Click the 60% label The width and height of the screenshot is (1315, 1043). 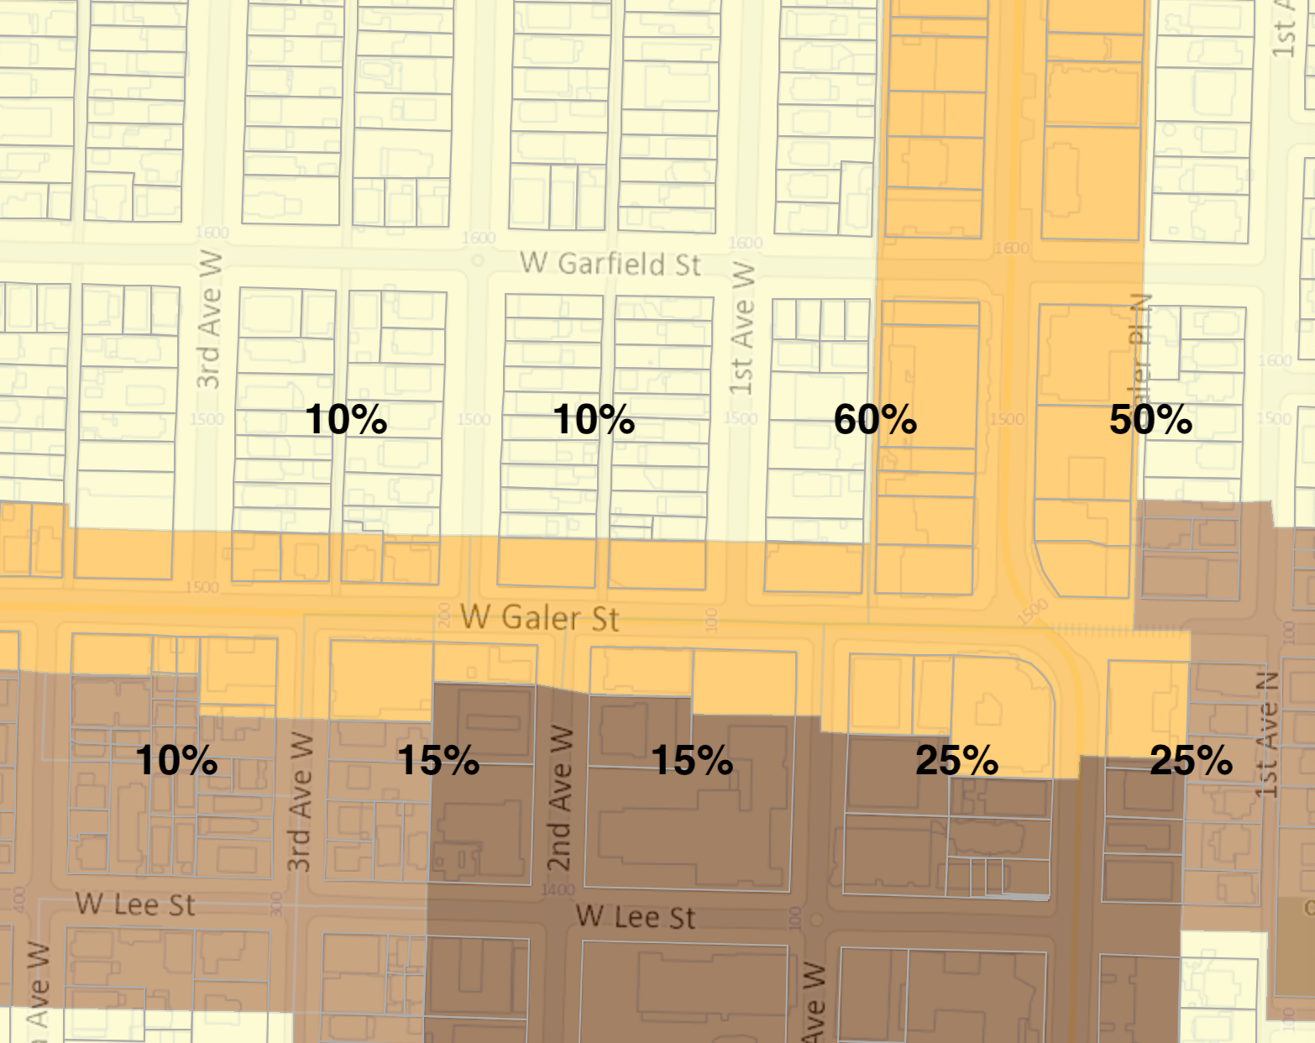875,419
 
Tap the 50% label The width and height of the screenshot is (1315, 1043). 1150,419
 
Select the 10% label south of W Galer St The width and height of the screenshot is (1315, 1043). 176,760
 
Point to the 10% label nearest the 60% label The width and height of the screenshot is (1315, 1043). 594,419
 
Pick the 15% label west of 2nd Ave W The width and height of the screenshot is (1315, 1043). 438,760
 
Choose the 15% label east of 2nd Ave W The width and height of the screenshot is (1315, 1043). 692,760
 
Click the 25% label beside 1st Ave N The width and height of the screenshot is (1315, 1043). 1191,760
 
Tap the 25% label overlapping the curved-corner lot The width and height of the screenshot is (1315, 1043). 956,760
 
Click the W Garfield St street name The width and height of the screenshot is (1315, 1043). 610,264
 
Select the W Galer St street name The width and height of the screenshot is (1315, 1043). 540,618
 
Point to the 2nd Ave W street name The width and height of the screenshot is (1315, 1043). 560,798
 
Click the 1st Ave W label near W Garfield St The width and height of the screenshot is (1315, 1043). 741,328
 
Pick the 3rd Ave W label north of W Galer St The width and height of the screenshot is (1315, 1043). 209,319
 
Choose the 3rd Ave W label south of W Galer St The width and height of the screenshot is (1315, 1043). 300,802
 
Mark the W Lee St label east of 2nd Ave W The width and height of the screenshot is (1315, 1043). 636,917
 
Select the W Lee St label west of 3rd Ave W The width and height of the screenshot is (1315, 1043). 135,904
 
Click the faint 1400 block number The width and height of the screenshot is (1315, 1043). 558,890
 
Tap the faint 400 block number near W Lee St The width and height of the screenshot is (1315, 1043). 18,898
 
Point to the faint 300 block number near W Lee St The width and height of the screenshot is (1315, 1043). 276,904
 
